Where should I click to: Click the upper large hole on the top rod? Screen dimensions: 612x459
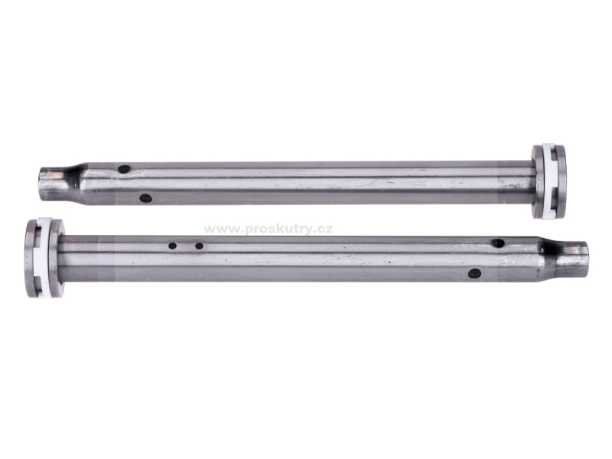click(x=124, y=169)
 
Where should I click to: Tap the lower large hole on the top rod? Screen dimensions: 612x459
click(x=145, y=198)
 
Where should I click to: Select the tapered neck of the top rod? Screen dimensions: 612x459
click(x=75, y=184)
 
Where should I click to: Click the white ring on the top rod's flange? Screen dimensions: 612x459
click(x=549, y=181)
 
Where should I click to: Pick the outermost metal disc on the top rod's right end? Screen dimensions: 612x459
click(x=561, y=181)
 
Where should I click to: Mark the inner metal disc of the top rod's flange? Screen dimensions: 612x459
click(x=538, y=181)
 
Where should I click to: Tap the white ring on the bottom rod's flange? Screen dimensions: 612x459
click(x=43, y=258)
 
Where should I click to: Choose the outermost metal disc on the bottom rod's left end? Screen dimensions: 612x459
click(x=31, y=258)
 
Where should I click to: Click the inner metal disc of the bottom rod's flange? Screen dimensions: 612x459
click(x=56, y=258)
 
